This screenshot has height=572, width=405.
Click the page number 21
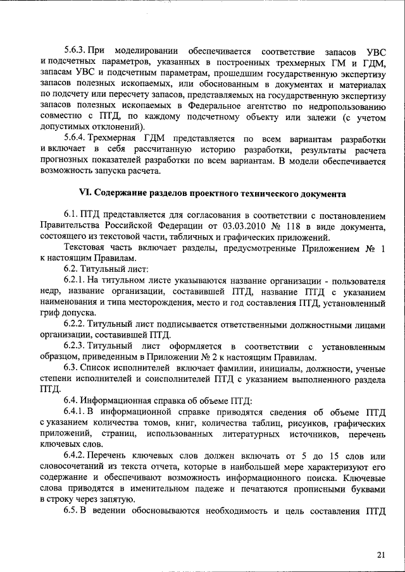(380, 554)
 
